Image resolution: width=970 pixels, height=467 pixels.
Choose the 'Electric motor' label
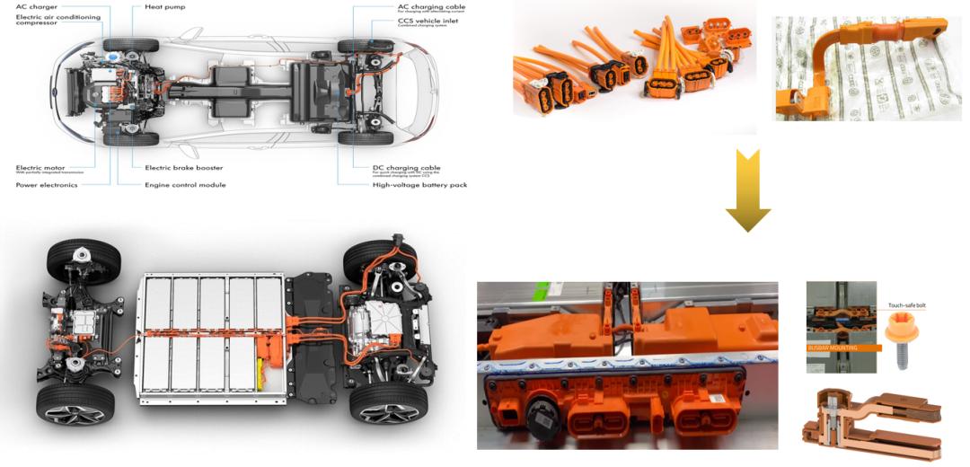point(40,167)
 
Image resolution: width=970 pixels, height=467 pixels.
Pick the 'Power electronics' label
point(46,185)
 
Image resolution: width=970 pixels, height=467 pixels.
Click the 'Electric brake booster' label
point(183,167)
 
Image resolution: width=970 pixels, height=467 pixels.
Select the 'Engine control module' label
point(185,185)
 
